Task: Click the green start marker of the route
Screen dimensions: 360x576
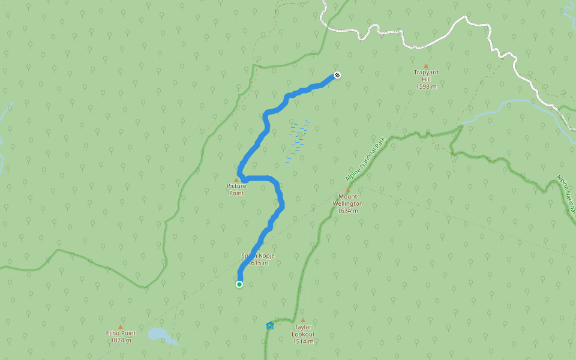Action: pyautogui.click(x=239, y=284)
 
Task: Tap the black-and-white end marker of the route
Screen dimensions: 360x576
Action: pyautogui.click(x=337, y=75)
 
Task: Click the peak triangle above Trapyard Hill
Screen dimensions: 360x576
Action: pyautogui.click(x=426, y=66)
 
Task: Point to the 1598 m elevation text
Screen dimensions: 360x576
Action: pyautogui.click(x=426, y=86)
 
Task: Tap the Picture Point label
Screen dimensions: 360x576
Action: pyautogui.click(x=236, y=189)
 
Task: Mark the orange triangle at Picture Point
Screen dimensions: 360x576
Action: pyautogui.click(x=236, y=180)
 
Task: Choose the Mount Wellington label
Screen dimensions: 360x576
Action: pyautogui.click(x=347, y=200)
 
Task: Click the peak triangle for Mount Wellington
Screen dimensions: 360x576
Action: pyautogui.click(x=347, y=190)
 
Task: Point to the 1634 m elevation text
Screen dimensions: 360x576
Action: pyautogui.click(x=347, y=211)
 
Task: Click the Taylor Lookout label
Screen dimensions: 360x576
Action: pyautogui.click(x=303, y=331)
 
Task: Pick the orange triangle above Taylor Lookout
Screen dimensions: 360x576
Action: pyautogui.click(x=303, y=320)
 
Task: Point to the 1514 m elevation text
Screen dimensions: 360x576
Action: pyautogui.click(x=303, y=341)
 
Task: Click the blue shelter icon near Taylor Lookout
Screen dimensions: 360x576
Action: pyautogui.click(x=270, y=326)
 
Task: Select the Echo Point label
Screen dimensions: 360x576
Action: pyautogui.click(x=121, y=333)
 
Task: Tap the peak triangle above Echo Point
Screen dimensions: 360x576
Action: pyautogui.click(x=121, y=327)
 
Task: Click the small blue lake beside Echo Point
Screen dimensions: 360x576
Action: pyautogui.click(x=158, y=334)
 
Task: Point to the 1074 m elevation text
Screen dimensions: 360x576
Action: pyautogui.click(x=121, y=340)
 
